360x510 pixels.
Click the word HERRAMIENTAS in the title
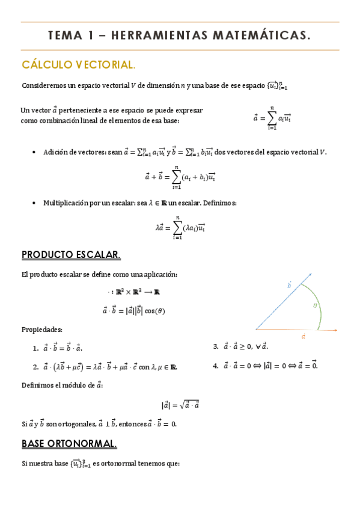pos(159,36)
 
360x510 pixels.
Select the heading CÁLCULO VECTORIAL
pos(79,64)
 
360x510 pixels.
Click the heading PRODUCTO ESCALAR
pos(71,255)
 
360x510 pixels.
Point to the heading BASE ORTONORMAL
pos(69,444)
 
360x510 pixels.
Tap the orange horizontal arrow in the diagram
pos(297,330)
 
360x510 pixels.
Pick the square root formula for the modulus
pos(180,405)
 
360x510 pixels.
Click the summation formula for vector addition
pos(180,176)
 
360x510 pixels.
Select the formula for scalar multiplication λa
pos(180,227)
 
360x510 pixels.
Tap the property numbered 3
pos(240,346)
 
